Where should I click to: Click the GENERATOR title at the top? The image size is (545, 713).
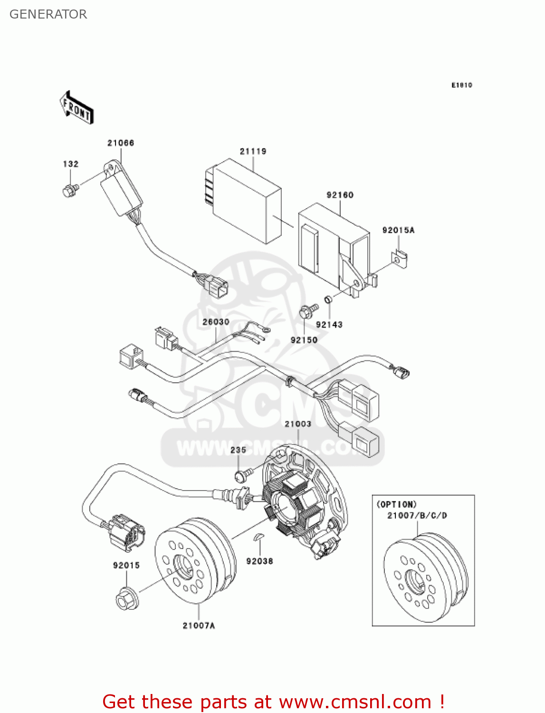(x=48, y=14)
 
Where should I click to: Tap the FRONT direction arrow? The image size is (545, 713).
(x=76, y=108)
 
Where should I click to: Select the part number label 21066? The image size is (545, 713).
(x=121, y=143)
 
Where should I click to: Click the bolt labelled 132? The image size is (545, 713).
(x=70, y=191)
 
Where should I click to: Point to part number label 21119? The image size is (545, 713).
(x=253, y=151)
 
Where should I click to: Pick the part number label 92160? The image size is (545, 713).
(x=340, y=195)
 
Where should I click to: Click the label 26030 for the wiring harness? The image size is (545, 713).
(x=216, y=322)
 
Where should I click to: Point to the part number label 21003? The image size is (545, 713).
(x=298, y=424)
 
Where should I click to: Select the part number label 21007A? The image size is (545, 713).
(x=199, y=626)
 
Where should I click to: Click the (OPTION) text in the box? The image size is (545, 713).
(x=396, y=504)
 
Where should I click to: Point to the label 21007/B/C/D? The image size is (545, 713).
(x=417, y=515)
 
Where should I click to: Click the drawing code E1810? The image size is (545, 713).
(x=461, y=85)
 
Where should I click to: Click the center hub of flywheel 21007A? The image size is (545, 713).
(x=182, y=566)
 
